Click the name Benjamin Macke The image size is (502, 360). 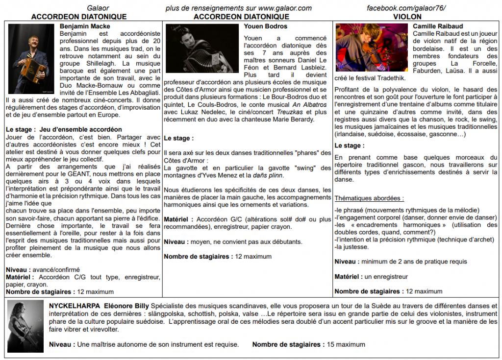tap(85, 26)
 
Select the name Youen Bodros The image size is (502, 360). tap(265, 26)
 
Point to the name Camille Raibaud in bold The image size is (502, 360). tap(438, 26)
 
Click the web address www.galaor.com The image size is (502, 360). tap(285, 8)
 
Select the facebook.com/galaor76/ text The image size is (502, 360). tap(406, 8)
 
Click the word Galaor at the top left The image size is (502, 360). tap(98, 8)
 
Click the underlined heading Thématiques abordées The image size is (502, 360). tap(369, 198)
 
